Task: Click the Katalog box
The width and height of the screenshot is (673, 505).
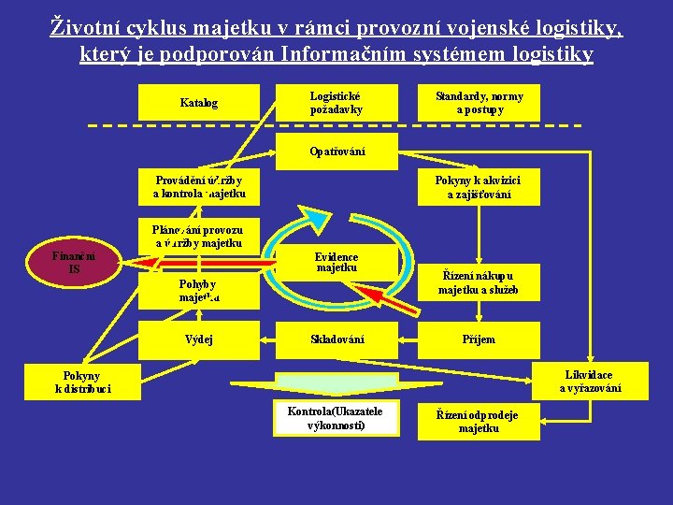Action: tap(198, 103)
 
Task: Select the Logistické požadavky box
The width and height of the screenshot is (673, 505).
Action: tap(336, 103)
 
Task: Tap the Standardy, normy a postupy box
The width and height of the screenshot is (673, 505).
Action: tap(479, 103)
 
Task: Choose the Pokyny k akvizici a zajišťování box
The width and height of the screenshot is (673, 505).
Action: tap(479, 186)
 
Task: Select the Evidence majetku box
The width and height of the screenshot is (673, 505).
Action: tap(336, 263)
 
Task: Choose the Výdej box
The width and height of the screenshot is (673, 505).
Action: tap(198, 339)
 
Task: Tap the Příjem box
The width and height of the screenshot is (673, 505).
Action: tap(479, 339)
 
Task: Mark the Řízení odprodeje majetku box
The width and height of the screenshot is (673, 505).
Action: tap(479, 422)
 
